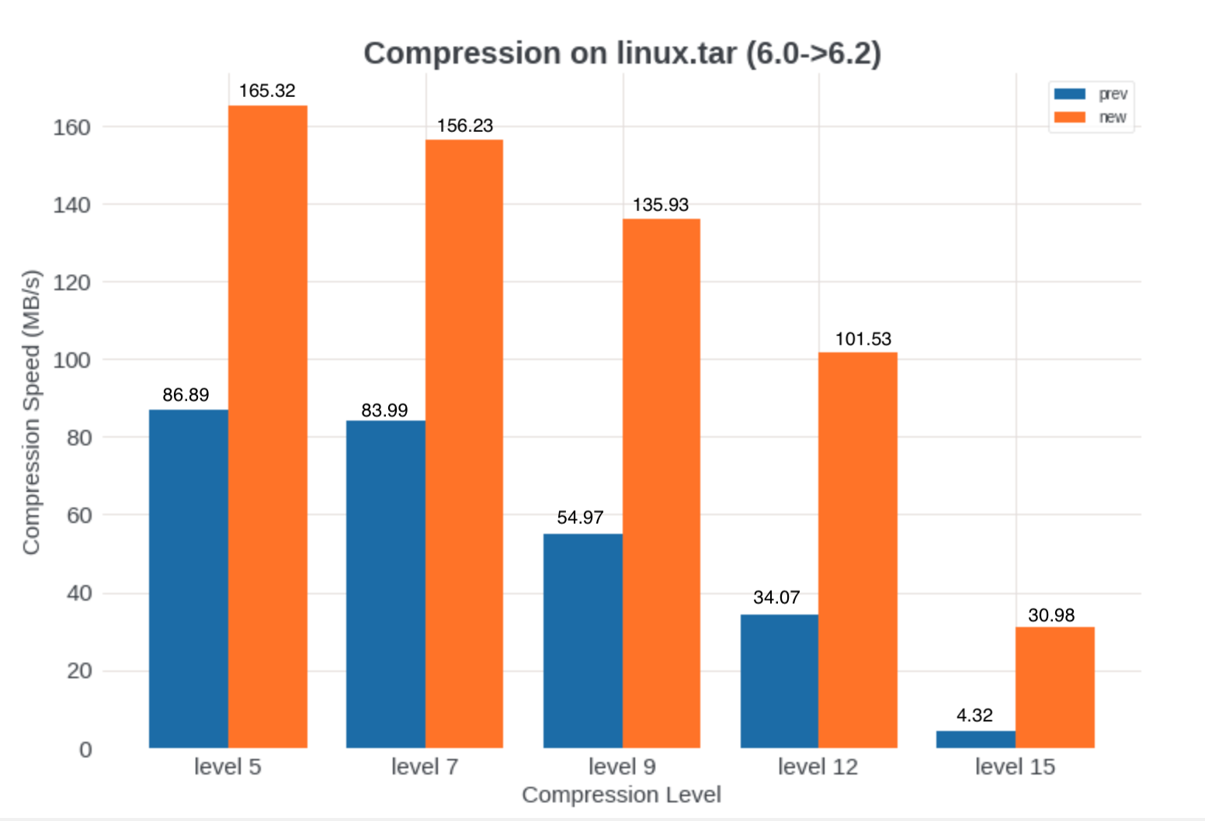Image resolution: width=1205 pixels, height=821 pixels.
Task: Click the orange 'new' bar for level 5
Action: tap(268, 427)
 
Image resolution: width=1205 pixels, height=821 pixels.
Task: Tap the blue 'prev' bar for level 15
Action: tap(976, 739)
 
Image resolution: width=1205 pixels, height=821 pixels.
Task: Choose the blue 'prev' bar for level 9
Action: tap(583, 640)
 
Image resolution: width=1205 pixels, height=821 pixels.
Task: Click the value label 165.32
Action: tap(267, 91)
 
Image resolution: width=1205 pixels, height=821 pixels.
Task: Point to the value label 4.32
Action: tap(974, 715)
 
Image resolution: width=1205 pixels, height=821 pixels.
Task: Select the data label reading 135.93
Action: tap(661, 205)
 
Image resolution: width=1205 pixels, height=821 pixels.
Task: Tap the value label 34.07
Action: tap(776, 598)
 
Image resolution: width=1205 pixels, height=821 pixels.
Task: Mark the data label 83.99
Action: tap(384, 410)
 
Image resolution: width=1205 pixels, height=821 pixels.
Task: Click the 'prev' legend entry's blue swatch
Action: tap(1069, 94)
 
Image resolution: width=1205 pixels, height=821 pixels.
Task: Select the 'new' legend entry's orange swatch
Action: tap(1069, 117)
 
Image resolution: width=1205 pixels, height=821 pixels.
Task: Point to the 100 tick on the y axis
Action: tap(71, 360)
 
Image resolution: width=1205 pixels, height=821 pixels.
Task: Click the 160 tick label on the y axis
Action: tap(71, 127)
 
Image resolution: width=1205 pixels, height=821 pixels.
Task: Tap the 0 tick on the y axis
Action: tap(85, 750)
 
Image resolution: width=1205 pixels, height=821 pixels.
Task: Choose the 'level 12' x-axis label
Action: tap(818, 767)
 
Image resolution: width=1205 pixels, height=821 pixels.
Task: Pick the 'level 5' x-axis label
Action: tap(227, 767)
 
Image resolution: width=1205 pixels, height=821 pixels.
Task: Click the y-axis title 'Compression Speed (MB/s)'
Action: tap(31, 412)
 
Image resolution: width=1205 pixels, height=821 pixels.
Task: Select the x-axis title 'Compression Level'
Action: tap(621, 795)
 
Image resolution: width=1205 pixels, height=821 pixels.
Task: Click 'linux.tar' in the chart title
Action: tap(676, 54)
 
